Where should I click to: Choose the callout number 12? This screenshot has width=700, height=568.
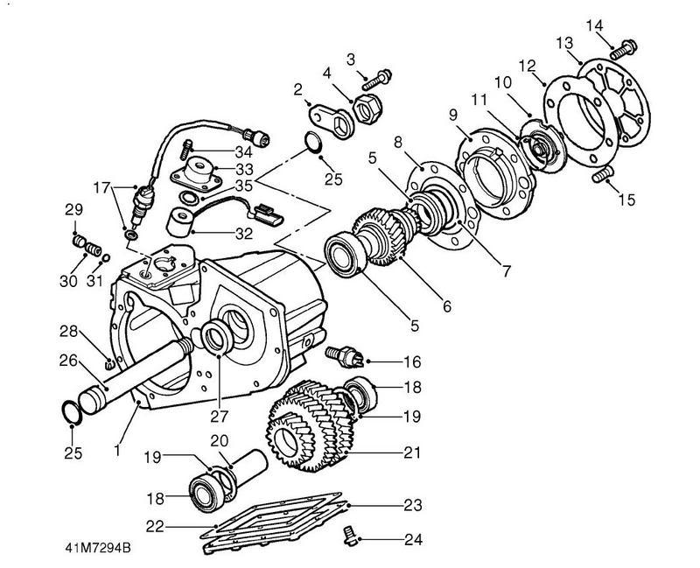point(528,66)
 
